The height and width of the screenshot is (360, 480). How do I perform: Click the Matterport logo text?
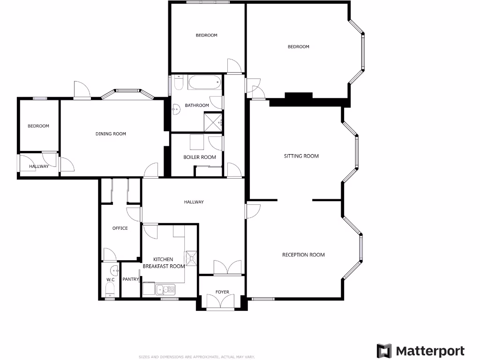[x=430, y=351]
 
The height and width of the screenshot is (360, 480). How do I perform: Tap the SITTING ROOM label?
[x=301, y=156]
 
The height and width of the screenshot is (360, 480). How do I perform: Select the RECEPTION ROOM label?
[x=303, y=255]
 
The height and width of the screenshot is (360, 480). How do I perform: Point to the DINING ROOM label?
[x=111, y=134]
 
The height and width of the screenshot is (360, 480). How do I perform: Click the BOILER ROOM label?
[x=200, y=157]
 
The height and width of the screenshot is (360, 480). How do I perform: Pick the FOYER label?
[x=222, y=292]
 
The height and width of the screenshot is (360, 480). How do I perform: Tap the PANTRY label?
[x=131, y=279]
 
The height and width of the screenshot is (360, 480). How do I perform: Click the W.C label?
[x=111, y=280]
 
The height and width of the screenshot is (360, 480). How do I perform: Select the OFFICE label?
[x=120, y=228]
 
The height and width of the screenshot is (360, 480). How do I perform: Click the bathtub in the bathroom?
[x=204, y=83]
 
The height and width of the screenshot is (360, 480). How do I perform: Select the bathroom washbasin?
[x=175, y=110]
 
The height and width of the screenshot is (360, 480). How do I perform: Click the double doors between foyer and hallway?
[x=227, y=268]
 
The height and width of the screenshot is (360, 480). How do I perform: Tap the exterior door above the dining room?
[x=81, y=90]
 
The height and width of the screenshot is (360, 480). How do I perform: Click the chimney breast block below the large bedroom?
[x=299, y=96]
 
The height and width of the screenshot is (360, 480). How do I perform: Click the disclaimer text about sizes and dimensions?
[x=196, y=357]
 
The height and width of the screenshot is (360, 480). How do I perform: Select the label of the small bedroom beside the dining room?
[x=38, y=126]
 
